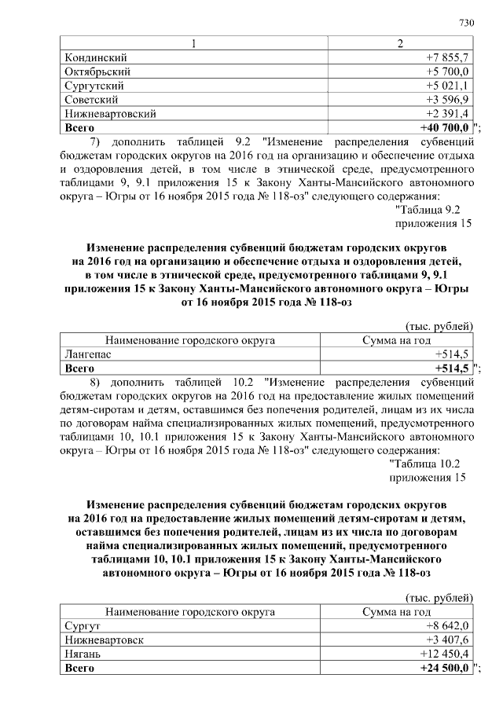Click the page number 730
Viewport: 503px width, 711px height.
click(466, 22)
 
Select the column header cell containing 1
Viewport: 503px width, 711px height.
click(192, 43)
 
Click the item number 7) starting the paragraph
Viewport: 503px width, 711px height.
click(98, 142)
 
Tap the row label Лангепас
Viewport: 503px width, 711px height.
click(88, 354)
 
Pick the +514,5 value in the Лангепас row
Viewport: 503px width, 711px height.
click(453, 354)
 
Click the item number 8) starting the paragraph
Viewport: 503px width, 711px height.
click(98, 383)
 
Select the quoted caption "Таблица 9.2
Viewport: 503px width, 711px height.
click(431, 208)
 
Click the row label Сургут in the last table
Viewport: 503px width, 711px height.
click(83, 625)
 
